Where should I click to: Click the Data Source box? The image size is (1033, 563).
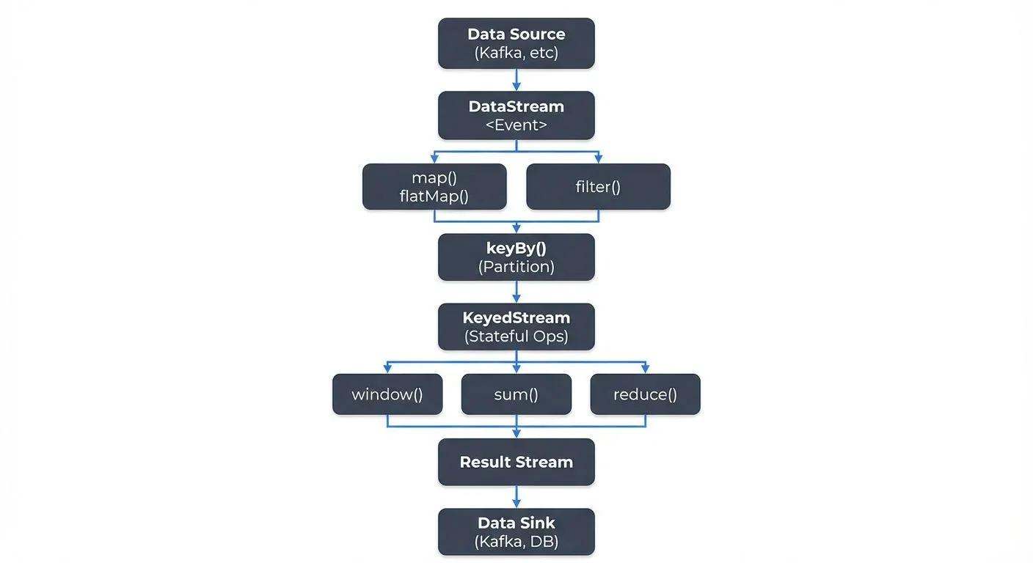(516, 43)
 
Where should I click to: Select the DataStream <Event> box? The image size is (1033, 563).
(516, 115)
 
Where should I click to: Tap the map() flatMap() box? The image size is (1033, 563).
(434, 186)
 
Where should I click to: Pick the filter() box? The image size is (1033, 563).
(598, 186)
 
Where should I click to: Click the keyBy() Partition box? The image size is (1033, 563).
(516, 257)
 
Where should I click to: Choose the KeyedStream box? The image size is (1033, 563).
(516, 327)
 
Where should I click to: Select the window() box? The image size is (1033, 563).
(387, 394)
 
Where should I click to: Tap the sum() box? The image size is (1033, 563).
(516, 394)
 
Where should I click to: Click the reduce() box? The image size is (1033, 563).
(645, 394)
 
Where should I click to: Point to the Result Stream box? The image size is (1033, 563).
(516, 462)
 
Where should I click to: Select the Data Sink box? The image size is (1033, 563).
(516, 532)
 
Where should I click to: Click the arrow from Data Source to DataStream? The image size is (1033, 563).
(516, 80)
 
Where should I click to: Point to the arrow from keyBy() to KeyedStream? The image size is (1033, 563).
(516, 292)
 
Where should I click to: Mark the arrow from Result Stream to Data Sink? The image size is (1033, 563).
(516, 497)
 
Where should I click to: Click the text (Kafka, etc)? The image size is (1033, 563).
(516, 53)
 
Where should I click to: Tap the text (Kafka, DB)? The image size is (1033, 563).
(516, 542)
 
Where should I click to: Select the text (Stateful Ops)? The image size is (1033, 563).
(516, 337)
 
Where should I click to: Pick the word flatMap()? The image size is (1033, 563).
(434, 196)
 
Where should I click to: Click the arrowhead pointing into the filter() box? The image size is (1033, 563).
(598, 159)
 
